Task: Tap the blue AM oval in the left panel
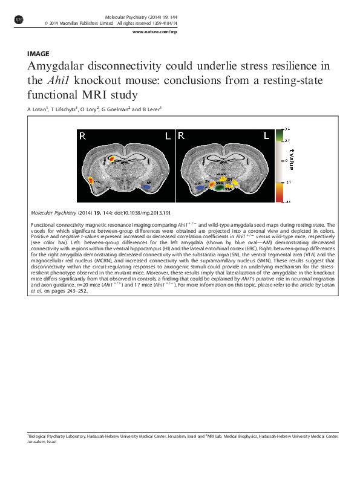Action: tap(147, 187)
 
